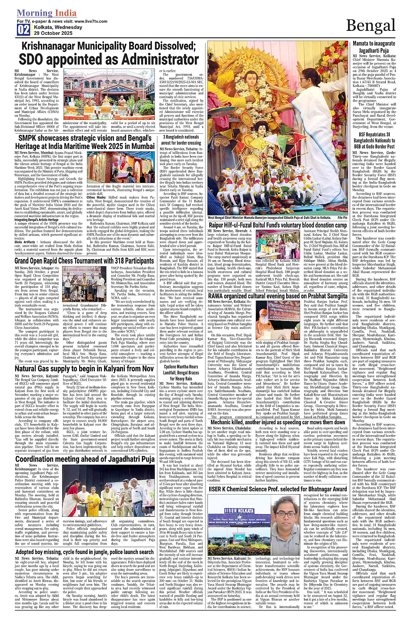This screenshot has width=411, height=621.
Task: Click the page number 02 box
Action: [x=23, y=30]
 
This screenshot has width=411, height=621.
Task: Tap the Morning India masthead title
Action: [x=40, y=13]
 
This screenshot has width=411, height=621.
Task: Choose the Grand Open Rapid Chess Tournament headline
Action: [x=84, y=261]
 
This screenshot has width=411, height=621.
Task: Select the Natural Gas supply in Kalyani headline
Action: [x=84, y=369]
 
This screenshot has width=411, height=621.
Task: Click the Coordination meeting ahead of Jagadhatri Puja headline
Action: [x=84, y=459]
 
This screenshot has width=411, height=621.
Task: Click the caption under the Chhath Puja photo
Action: [x=269, y=218]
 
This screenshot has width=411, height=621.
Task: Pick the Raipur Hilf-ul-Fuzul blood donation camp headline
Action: [x=278, y=225]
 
